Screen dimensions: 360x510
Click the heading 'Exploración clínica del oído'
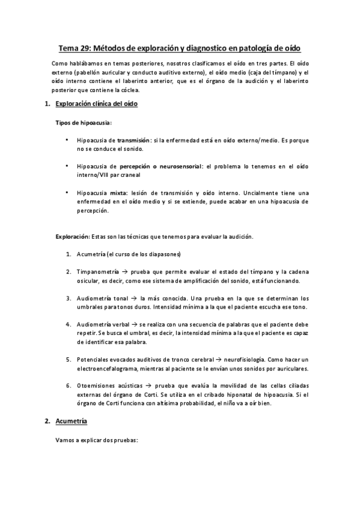(x=97, y=105)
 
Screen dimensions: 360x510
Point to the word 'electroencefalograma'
(x=108, y=368)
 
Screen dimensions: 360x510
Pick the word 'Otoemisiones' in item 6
(x=98, y=386)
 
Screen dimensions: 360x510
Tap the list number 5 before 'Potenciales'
(x=69, y=360)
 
